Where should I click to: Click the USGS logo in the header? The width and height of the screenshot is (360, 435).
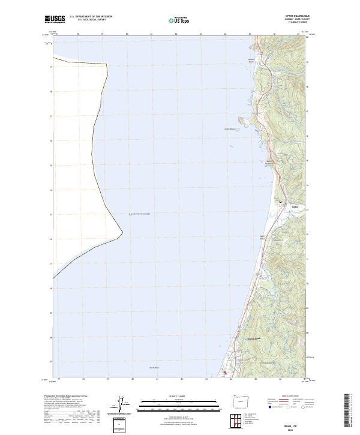(x=55, y=20)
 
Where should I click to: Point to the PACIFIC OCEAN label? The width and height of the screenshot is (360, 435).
(x=139, y=214)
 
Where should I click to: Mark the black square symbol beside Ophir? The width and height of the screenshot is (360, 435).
(x=280, y=202)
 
